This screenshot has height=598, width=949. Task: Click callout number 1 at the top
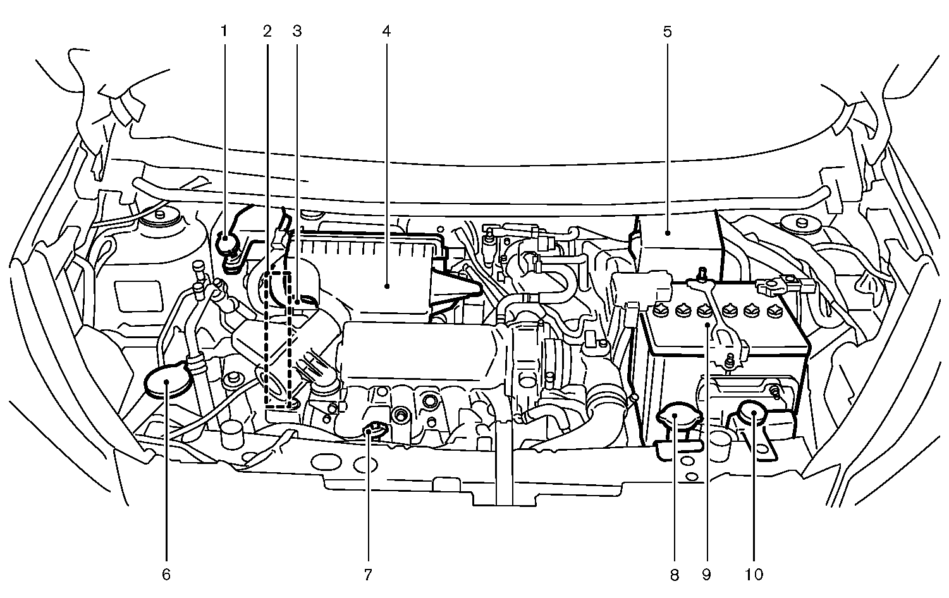tap(223, 30)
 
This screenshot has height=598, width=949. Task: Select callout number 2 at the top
tap(267, 30)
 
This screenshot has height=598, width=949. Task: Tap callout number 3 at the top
tap(297, 30)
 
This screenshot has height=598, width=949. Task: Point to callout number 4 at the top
tap(386, 30)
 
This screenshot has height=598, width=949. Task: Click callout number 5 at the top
tap(667, 30)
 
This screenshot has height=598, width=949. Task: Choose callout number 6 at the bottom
tap(166, 575)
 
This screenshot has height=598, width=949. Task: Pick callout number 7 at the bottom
tap(367, 575)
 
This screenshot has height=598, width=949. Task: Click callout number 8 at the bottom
tap(674, 575)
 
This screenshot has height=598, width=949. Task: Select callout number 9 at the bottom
tap(706, 575)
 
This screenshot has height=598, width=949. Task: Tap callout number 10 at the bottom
tap(754, 575)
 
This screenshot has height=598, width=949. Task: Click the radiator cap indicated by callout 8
tap(675, 418)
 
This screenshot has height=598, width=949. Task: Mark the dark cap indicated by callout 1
tap(224, 243)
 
